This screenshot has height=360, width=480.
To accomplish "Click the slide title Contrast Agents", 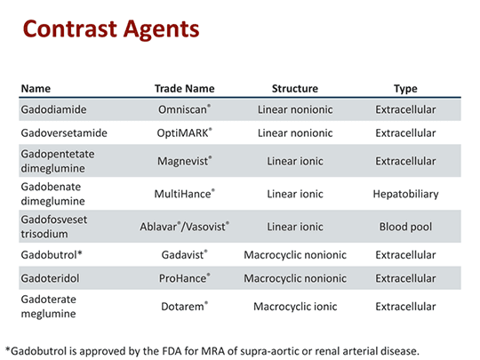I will tap(110, 29).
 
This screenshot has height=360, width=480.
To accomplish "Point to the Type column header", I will tap(405, 89).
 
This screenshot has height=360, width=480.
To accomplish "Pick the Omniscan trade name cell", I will tap(183, 109).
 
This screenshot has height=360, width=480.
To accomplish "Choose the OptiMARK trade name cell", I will tap(183, 133).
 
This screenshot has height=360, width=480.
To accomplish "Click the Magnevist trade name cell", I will tap(183, 163).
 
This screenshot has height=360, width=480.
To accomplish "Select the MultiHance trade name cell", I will tap(184, 192).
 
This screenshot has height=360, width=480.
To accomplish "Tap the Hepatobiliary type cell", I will tap(405, 192).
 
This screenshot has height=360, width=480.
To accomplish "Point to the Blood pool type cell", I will tap(405, 227).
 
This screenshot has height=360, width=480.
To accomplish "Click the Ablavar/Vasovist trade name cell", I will tap(183, 227).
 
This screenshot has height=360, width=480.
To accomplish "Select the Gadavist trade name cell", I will tap(183, 255).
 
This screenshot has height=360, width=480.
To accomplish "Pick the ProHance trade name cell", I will tap(183, 278).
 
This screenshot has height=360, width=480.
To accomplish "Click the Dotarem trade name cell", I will tap(183, 307).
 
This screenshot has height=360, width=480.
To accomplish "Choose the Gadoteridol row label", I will tap(52, 278).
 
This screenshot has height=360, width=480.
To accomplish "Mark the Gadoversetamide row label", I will tap(64, 133).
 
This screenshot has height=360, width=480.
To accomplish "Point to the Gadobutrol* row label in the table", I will tap(52, 255).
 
